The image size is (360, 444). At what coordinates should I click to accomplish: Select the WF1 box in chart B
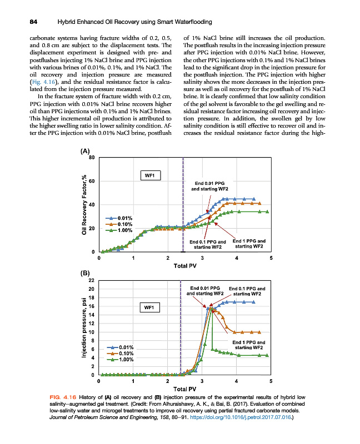tap(149, 306)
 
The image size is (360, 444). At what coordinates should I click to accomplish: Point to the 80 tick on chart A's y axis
tap(92, 158)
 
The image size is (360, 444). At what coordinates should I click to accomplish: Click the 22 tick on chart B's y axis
tap(92, 281)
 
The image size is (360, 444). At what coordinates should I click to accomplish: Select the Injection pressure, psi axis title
tap(83, 327)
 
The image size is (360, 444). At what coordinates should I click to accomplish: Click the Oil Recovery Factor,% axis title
tap(84, 205)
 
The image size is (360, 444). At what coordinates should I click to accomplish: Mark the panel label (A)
tap(84, 151)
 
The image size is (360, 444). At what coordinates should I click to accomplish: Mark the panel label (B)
tap(84, 274)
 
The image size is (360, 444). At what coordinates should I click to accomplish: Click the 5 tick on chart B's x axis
tap(271, 381)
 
